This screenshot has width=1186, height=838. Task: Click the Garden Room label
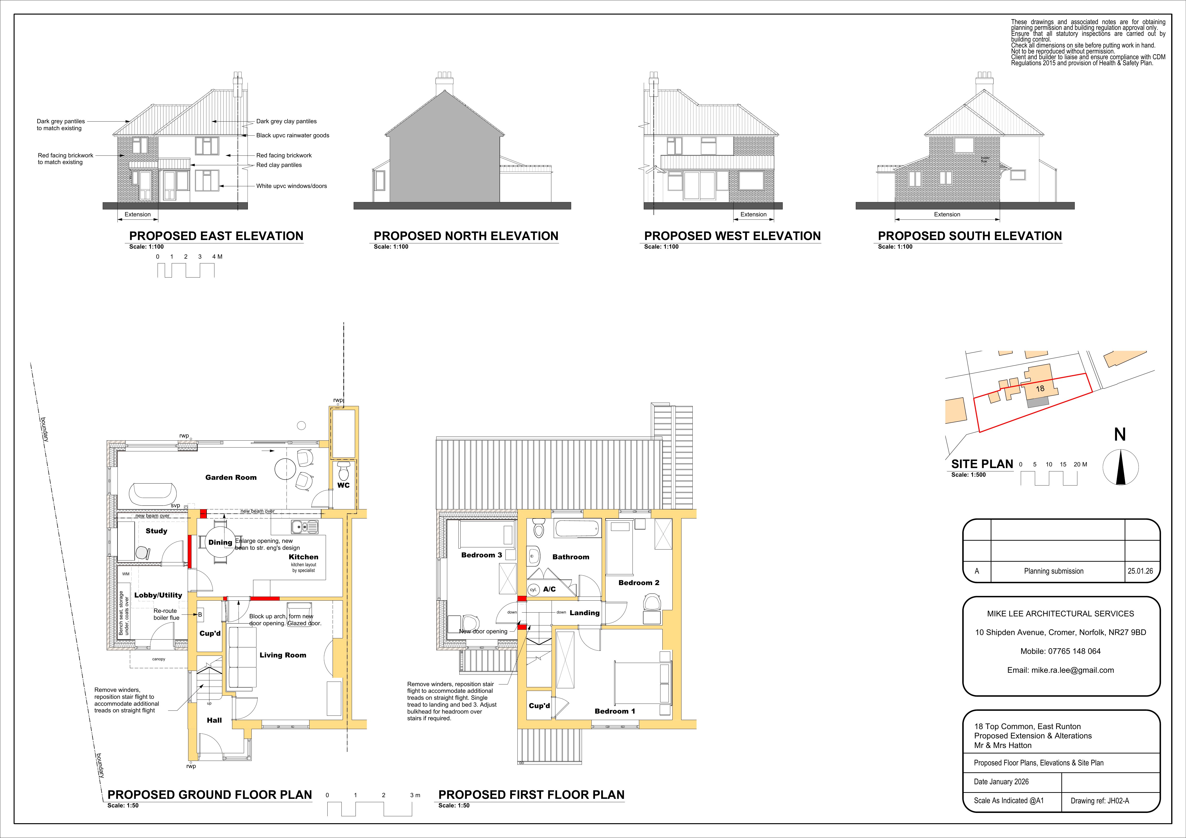(x=231, y=477)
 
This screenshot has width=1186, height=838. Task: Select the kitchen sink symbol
(x=304, y=527)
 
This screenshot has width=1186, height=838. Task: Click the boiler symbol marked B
(x=200, y=615)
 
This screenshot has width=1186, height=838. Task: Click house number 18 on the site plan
(x=1040, y=389)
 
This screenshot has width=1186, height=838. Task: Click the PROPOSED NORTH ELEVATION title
(x=466, y=236)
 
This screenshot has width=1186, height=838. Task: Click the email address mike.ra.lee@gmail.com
(x=1060, y=670)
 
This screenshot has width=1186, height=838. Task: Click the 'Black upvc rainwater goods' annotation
(x=292, y=135)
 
